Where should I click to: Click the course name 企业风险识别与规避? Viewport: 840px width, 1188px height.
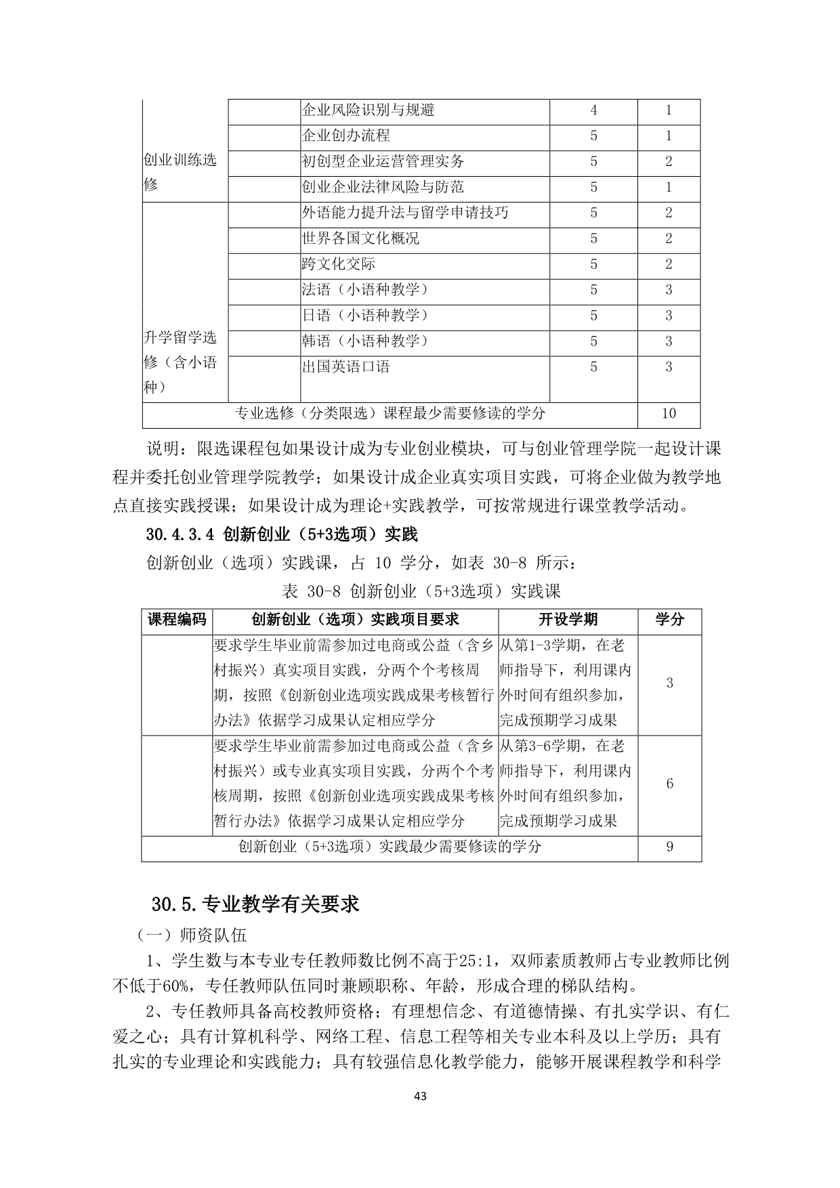pos(368,110)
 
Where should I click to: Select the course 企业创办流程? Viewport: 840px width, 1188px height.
pos(345,136)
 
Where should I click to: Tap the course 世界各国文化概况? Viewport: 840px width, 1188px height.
pos(360,238)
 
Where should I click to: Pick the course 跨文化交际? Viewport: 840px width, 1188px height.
pos(338,264)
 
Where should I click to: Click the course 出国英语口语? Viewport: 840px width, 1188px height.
pos(345,367)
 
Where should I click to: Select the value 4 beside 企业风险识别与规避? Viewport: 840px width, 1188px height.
pos(593,110)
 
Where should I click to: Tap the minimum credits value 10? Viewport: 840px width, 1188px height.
pos(669,414)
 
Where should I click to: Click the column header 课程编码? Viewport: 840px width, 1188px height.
pos(177,619)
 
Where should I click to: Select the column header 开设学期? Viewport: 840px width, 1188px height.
pos(568,619)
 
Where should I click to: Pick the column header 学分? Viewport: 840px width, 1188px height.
pos(669,619)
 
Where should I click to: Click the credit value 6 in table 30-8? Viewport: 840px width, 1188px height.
pos(669,784)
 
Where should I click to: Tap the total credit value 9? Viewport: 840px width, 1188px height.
pos(669,847)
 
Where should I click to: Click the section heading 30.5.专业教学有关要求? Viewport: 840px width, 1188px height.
pos(255,904)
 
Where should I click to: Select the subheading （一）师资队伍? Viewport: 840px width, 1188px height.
pos(192,935)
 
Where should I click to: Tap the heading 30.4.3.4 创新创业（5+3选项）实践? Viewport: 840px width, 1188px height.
pos(281,534)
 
